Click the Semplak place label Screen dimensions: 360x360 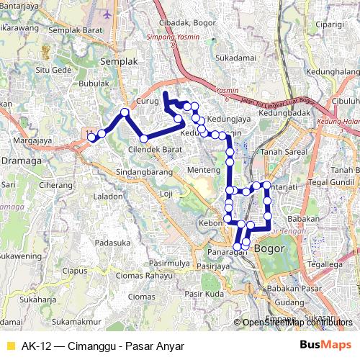(x=119, y=62)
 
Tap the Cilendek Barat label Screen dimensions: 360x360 (x=154, y=149)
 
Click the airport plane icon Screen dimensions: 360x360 (x=108, y=14)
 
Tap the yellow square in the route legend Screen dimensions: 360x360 (x=10, y=346)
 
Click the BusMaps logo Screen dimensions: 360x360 (x=325, y=346)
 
